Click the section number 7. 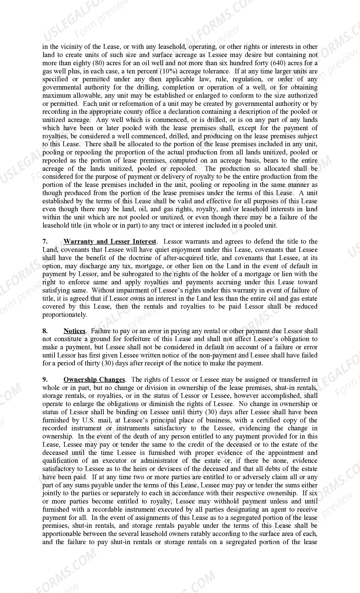point(45,242)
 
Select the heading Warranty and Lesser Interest point(110,242)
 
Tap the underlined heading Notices point(75,331)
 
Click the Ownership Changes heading point(94,380)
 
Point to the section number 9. point(45,380)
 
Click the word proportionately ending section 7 point(65,315)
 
